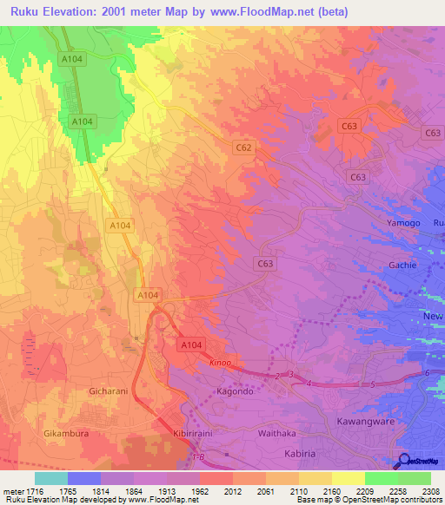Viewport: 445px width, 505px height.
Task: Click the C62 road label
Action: tap(243, 148)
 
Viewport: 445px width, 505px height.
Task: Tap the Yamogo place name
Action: tap(402, 223)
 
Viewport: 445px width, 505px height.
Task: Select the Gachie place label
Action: tap(402, 265)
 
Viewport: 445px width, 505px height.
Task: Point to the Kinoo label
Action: tap(220, 364)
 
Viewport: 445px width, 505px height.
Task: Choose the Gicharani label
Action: tap(110, 391)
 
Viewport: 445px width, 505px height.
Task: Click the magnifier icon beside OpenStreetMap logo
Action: tap(405, 462)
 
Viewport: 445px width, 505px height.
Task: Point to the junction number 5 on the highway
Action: tap(372, 384)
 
